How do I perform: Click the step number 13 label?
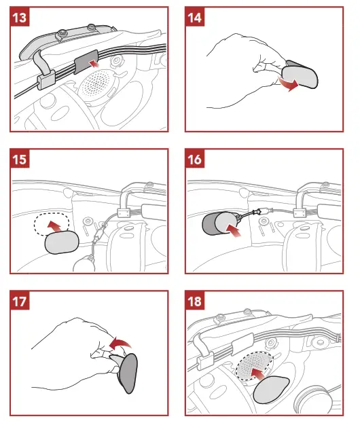click(x=20, y=18)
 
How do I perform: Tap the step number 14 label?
click(x=195, y=18)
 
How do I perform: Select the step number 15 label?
click(x=20, y=159)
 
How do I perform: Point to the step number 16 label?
click(x=195, y=159)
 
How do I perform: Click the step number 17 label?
click(x=20, y=301)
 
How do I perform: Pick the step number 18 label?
click(x=195, y=301)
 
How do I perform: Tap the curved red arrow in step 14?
click(x=289, y=84)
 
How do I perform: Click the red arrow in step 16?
click(x=234, y=230)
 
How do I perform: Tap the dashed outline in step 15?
click(x=52, y=224)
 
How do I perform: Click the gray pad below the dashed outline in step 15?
click(x=62, y=242)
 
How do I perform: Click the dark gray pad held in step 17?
click(x=128, y=373)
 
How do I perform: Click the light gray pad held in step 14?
click(x=300, y=77)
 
